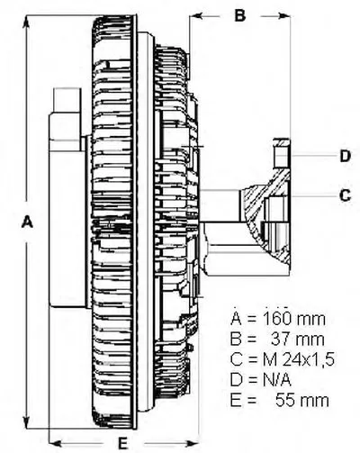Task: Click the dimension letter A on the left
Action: click(27, 222)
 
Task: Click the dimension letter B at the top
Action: click(240, 15)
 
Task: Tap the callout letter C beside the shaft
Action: click(345, 195)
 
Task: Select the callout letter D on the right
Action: click(346, 156)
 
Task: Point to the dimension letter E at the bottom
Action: click(122, 443)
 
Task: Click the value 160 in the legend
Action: click(277, 319)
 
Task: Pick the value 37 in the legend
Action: click(281, 340)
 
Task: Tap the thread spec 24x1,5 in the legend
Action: click(308, 359)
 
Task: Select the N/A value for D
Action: click(277, 380)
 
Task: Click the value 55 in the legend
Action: click(286, 401)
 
